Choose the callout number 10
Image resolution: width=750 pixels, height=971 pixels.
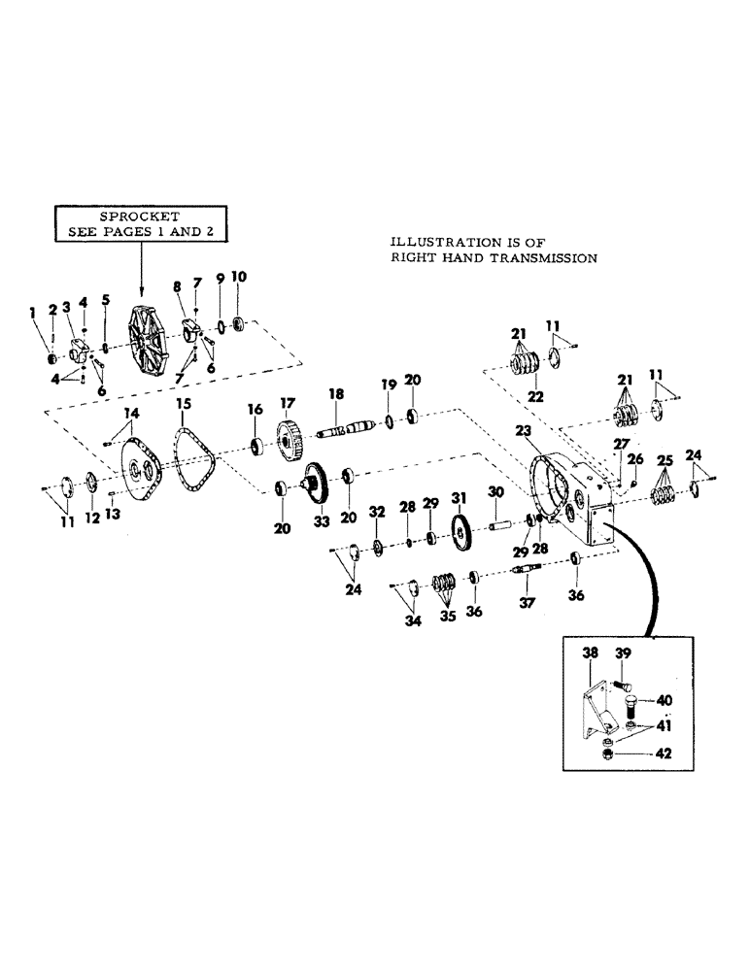click(238, 277)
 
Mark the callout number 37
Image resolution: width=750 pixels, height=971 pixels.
click(526, 605)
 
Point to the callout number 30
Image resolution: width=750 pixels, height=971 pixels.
click(496, 493)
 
